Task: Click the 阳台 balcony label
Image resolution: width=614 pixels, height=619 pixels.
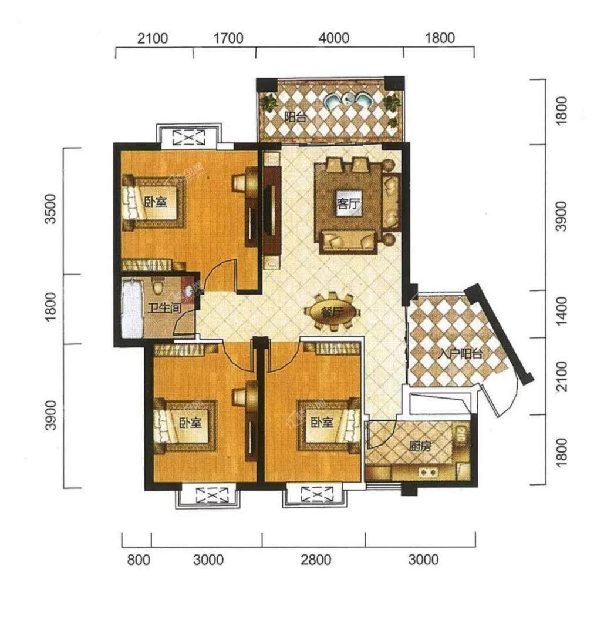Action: click(295, 116)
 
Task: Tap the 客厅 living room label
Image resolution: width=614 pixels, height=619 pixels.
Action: click(348, 204)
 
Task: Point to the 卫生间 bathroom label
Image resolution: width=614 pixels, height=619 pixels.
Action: click(165, 307)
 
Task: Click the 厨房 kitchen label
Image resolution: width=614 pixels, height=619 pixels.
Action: click(420, 447)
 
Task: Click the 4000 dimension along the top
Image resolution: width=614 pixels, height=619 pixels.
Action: click(334, 38)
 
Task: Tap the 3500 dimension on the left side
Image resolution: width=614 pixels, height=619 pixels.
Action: click(51, 209)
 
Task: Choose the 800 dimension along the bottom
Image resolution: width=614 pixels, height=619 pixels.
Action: click(139, 560)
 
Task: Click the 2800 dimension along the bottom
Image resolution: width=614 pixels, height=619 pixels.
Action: click(316, 560)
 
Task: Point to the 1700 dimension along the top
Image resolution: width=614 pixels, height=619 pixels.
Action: click(228, 38)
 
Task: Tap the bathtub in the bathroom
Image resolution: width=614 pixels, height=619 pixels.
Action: click(132, 308)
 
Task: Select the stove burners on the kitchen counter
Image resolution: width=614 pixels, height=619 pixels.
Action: click(428, 471)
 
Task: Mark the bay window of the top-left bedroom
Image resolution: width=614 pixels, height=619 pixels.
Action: click(189, 136)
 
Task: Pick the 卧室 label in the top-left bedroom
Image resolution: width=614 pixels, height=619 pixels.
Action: click(155, 202)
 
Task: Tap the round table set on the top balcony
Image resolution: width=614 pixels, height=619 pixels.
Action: click(347, 100)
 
